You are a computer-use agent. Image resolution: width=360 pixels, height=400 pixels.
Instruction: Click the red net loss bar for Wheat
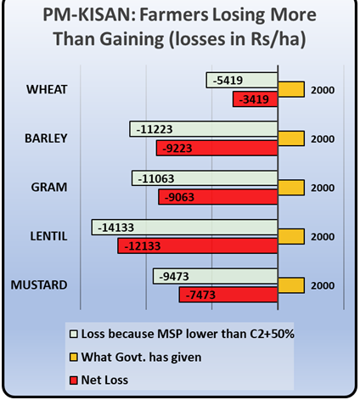coord(256,100)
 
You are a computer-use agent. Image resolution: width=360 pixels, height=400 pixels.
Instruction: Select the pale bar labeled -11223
coord(205,129)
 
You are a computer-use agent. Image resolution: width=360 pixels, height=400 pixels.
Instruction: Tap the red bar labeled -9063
coord(218,197)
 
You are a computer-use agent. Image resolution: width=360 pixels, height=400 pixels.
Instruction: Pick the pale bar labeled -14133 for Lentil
coord(185,228)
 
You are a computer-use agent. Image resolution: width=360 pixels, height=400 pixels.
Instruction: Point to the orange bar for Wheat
coord(290,89)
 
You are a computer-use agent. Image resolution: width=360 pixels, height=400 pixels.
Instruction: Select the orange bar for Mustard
coord(290,285)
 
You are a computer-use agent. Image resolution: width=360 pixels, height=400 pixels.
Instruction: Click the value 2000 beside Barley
coord(323,138)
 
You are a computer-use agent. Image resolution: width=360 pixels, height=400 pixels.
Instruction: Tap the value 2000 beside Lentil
coord(323,236)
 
